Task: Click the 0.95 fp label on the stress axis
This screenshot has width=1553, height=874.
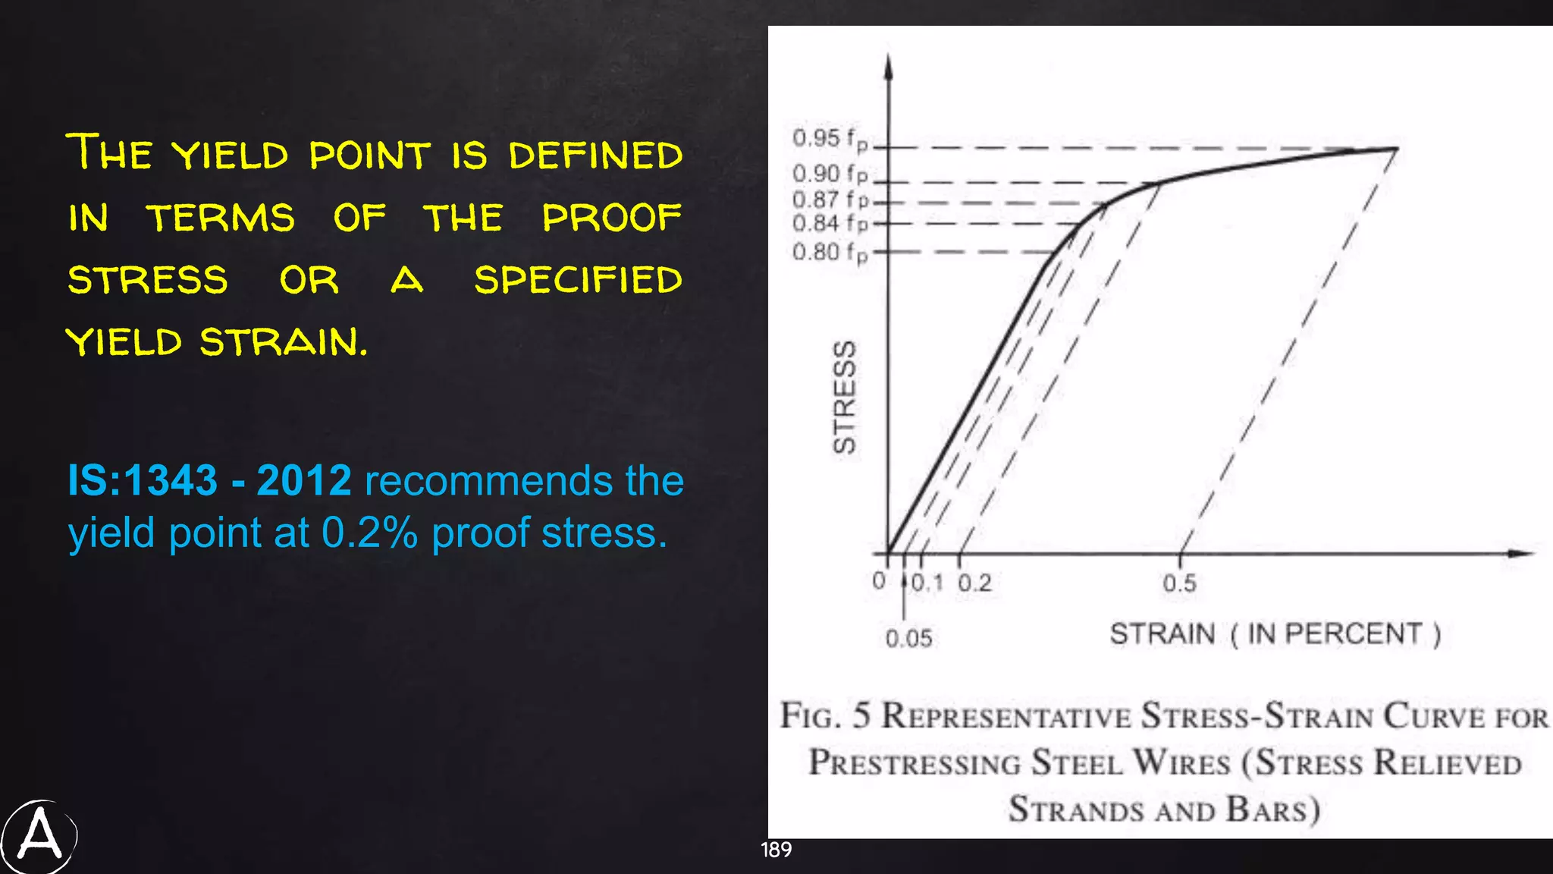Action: (x=830, y=140)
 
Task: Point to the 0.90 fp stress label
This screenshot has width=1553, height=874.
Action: (x=830, y=174)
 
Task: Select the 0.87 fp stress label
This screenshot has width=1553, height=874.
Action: (x=830, y=200)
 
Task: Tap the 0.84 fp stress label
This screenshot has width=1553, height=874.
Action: (x=830, y=224)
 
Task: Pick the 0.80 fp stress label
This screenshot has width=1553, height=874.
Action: (x=830, y=252)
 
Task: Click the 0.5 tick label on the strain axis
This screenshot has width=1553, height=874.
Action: (x=1179, y=583)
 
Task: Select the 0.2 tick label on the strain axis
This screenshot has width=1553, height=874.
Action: (x=974, y=583)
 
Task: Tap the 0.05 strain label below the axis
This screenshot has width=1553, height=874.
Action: (x=908, y=639)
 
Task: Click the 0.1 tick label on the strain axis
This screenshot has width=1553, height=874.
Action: (x=927, y=583)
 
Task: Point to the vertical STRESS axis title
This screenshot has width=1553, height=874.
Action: (x=844, y=397)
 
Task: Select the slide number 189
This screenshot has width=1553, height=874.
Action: (x=776, y=850)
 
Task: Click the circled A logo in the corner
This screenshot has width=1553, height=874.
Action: (x=39, y=836)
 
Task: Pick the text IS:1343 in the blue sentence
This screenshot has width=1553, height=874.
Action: (x=143, y=481)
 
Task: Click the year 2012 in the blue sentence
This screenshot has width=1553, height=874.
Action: (x=304, y=481)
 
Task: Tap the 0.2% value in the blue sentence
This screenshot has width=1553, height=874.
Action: (x=370, y=533)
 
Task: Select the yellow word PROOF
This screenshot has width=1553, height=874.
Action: (x=611, y=218)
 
